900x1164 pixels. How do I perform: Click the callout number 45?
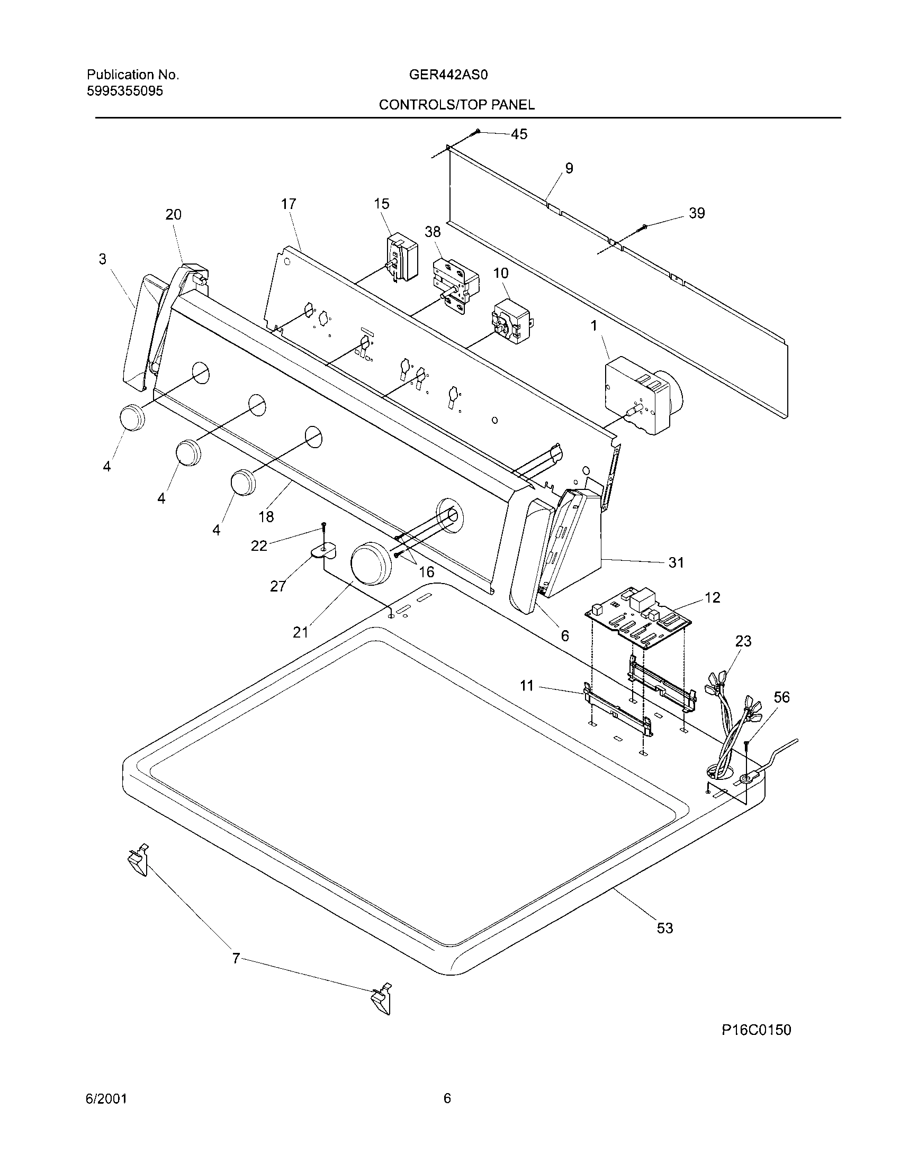(519, 134)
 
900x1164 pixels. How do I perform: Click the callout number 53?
(664, 928)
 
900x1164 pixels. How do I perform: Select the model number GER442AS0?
(448, 75)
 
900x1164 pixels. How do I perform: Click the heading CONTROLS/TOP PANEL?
(456, 105)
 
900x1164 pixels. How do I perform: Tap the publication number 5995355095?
(125, 91)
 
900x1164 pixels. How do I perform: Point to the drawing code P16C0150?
(756, 1030)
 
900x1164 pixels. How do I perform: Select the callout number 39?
(696, 213)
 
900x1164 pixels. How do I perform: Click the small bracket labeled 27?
(322, 551)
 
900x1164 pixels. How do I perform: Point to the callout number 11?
(526, 685)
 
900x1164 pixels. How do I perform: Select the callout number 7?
(236, 958)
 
